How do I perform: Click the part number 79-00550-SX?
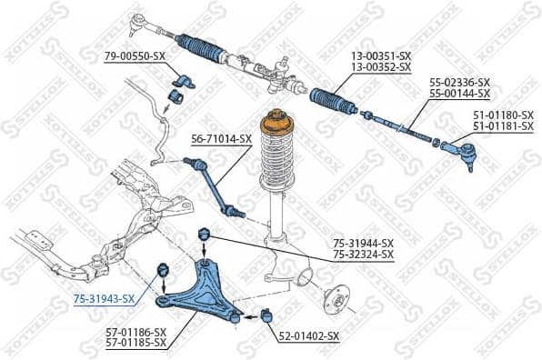click(x=135, y=56)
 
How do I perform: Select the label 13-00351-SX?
click(x=381, y=56)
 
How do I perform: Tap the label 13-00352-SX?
click(x=381, y=67)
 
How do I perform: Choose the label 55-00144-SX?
click(x=459, y=94)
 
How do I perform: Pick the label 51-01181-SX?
click(x=503, y=128)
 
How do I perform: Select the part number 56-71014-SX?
click(x=221, y=139)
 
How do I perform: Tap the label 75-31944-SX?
click(x=363, y=244)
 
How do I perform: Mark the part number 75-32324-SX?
click(x=363, y=255)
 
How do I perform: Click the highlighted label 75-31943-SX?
click(x=104, y=298)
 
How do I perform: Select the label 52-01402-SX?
click(x=308, y=336)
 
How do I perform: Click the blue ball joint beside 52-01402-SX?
click(x=267, y=315)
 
